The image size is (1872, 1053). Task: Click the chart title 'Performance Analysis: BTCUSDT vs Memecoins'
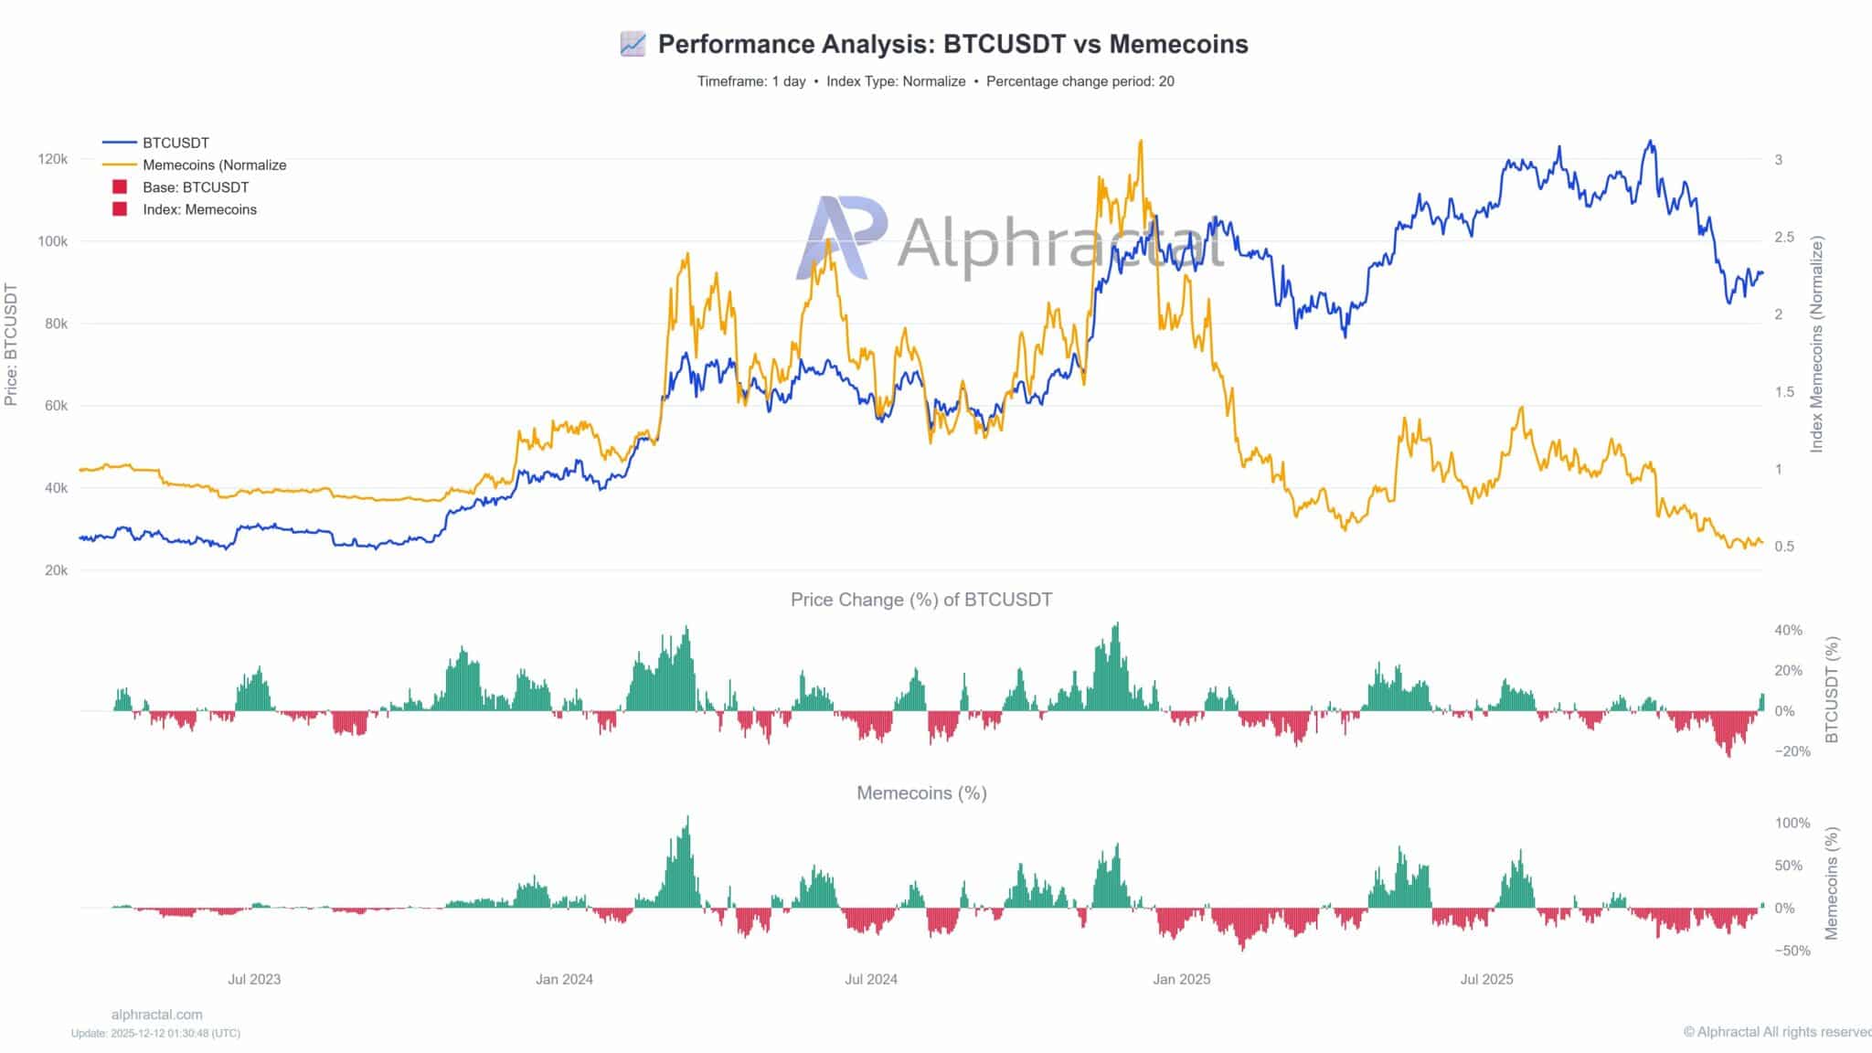click(x=952, y=44)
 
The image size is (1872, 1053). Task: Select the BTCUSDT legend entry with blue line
click(x=175, y=143)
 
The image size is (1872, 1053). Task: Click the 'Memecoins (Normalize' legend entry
click(x=214, y=165)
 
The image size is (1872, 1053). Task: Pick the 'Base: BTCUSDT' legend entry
click(x=195, y=187)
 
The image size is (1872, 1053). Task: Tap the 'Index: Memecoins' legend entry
click(x=199, y=209)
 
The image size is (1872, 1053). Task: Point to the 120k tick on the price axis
click(x=53, y=159)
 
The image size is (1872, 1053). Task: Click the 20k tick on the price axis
click(x=56, y=570)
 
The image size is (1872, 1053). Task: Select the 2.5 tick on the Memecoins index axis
click(x=1785, y=238)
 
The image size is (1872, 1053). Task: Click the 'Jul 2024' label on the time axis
click(x=870, y=979)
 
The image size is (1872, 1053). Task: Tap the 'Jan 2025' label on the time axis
click(x=1181, y=979)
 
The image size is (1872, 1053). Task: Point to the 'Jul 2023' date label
click(x=254, y=979)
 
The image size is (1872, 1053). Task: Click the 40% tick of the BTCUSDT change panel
click(x=1788, y=631)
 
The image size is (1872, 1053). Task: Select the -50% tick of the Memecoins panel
click(x=1792, y=951)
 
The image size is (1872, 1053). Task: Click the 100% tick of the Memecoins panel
click(x=1792, y=823)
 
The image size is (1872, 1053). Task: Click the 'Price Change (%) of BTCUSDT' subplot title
click(x=921, y=600)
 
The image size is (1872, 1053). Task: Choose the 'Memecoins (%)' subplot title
click(x=921, y=793)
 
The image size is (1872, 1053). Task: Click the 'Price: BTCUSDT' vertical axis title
click(x=11, y=345)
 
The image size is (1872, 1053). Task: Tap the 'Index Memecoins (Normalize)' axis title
click(x=1816, y=345)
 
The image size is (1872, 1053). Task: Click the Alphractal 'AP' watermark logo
click(x=841, y=238)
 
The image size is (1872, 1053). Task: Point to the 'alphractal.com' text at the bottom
click(x=156, y=1015)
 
